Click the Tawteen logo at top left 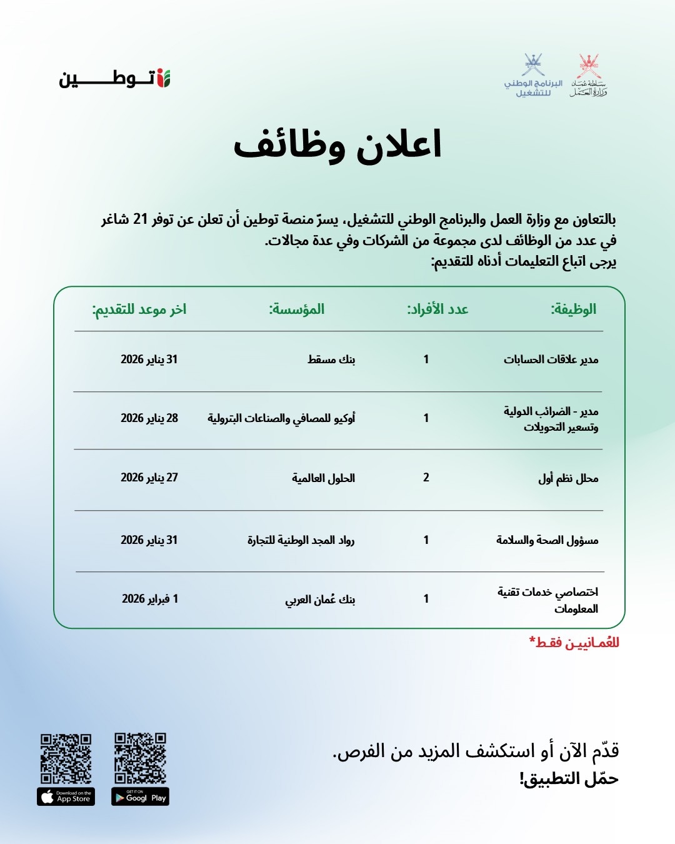[x=115, y=79]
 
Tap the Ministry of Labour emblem [x=588, y=76]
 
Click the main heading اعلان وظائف [x=337, y=145]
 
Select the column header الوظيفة [x=573, y=309]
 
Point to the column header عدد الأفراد [x=437, y=309]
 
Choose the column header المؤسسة [x=297, y=309]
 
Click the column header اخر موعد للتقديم [x=139, y=309]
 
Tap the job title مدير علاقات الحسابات [x=551, y=359]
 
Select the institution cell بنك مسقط [x=331, y=359]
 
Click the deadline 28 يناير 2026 [x=149, y=418]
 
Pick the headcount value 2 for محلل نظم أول [x=426, y=478]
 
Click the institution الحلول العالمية [x=323, y=478]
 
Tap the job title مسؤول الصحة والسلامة [x=547, y=540]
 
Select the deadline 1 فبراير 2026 [x=150, y=599]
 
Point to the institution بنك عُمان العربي [x=320, y=600]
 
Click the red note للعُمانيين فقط [x=574, y=643]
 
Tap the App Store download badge [x=66, y=796]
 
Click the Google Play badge [x=141, y=796]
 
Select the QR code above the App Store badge [x=66, y=758]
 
